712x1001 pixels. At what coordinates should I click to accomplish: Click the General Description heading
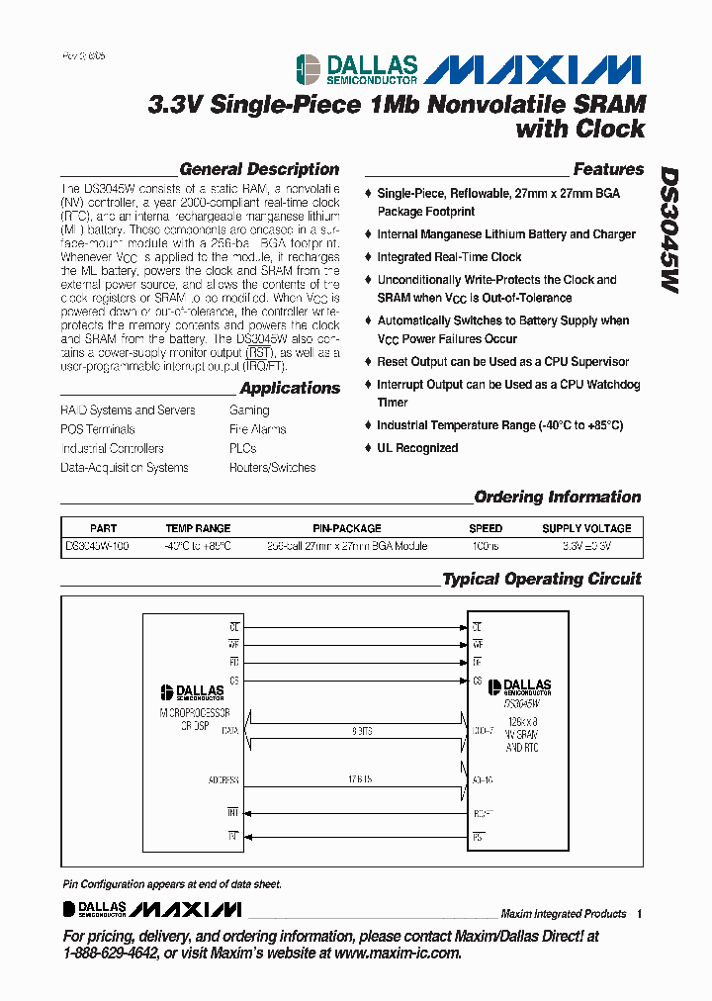pyautogui.click(x=259, y=169)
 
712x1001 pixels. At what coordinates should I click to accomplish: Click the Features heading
pyautogui.click(x=608, y=169)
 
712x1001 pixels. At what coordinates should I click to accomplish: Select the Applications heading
pyautogui.click(x=290, y=388)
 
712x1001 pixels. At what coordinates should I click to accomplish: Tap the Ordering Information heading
pyautogui.click(x=557, y=497)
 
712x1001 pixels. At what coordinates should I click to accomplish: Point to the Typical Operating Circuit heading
pyautogui.click(x=541, y=579)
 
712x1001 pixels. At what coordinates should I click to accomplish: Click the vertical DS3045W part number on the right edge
pyautogui.click(x=669, y=228)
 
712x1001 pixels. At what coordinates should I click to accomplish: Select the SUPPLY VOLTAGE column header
pyautogui.click(x=585, y=528)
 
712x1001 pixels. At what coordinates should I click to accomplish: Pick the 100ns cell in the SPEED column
pyautogui.click(x=486, y=545)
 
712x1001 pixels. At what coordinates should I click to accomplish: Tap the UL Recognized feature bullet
pyautogui.click(x=416, y=448)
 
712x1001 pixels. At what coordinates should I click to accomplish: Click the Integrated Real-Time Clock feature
pyautogui.click(x=449, y=257)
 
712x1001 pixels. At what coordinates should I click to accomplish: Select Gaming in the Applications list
pyautogui.click(x=249, y=409)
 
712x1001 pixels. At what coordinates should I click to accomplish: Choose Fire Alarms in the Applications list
pyautogui.click(x=257, y=429)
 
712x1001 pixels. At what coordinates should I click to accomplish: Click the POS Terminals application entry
pyautogui.click(x=98, y=429)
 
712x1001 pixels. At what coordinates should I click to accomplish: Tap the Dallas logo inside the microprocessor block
pyautogui.click(x=193, y=694)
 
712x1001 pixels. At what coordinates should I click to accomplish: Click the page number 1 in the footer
pyautogui.click(x=640, y=914)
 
